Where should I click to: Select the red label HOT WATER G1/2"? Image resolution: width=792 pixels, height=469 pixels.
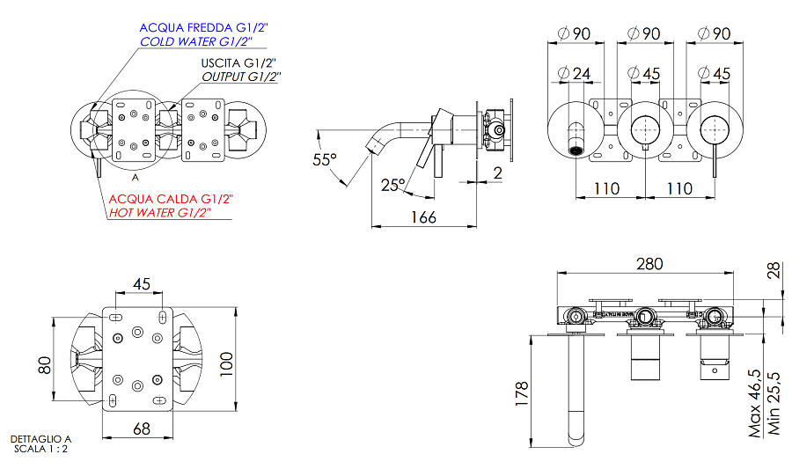pyautogui.click(x=159, y=213)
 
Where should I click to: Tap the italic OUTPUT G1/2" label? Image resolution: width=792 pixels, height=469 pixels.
pyautogui.click(x=240, y=77)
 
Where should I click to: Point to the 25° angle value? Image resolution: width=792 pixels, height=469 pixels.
pyautogui.click(x=392, y=185)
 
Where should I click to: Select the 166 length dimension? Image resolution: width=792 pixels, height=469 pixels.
pyautogui.click(x=423, y=217)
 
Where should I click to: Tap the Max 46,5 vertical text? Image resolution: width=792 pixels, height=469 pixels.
pyautogui.click(x=755, y=404)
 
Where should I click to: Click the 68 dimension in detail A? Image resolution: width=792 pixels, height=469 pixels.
pyautogui.click(x=140, y=429)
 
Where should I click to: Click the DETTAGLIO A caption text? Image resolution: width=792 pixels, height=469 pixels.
pyautogui.click(x=40, y=438)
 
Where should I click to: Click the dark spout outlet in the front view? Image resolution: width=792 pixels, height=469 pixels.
pyautogui.click(x=576, y=149)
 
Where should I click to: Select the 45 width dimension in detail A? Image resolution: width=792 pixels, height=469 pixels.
pyautogui.click(x=142, y=282)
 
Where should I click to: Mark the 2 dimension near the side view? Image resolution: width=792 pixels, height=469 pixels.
pyautogui.click(x=497, y=172)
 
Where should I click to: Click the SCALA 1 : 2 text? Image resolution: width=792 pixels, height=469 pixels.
pyautogui.click(x=40, y=449)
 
